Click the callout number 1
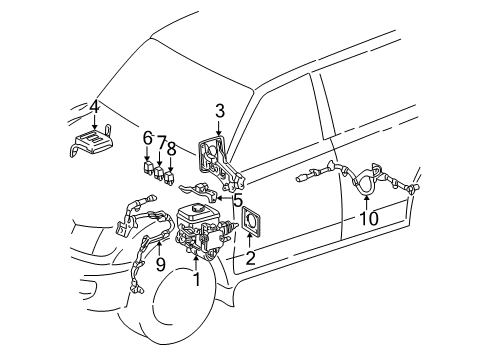point(197,279)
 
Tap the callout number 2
point(250,258)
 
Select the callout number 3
point(220,111)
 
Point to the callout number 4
point(95,107)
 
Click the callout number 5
point(238,200)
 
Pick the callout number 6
point(148,138)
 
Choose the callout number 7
point(161,143)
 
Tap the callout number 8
point(171,149)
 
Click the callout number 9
point(161,264)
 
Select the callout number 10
point(369,218)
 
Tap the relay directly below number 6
point(148,168)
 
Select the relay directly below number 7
point(158,173)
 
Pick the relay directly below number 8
point(170,177)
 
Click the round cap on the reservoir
point(196,208)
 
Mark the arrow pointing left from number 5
point(224,199)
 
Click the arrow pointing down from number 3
point(219,128)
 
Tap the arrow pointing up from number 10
point(366,203)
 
